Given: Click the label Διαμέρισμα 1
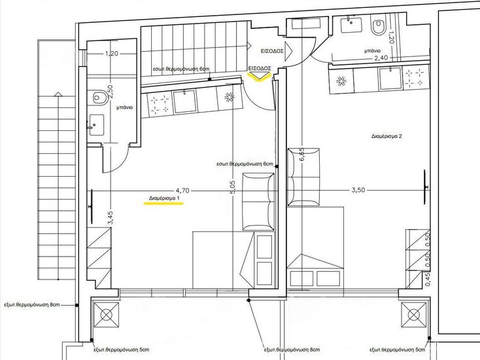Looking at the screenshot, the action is point(163,198).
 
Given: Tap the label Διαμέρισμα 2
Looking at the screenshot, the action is point(386,136).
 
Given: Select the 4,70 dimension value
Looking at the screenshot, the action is point(182,190).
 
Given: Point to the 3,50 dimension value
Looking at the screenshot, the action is point(358,190).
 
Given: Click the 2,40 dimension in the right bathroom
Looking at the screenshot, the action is point(381,58).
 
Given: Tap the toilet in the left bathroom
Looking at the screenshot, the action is point(99,97).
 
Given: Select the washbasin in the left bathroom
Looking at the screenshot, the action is point(96,125).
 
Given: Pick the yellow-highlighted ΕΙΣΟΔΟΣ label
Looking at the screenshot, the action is point(260,68).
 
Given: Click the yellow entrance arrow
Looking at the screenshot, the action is point(259,77).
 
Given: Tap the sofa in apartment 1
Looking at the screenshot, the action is point(258,202).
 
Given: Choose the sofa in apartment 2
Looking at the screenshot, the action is point(303,177).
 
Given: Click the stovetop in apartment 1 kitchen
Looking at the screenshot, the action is point(159,104).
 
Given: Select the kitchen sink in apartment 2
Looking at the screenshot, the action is point(390,79).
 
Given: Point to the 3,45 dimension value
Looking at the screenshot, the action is point(111,218).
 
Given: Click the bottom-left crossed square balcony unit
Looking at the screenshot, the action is point(106,315).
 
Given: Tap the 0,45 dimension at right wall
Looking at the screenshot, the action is point(428,280).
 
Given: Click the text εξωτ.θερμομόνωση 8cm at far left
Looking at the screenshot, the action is point(32,305).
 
